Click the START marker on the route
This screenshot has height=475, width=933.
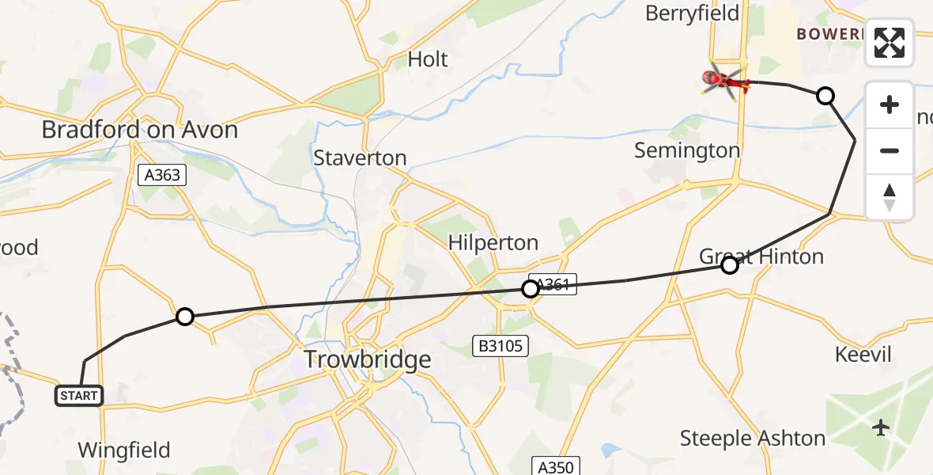(79, 395)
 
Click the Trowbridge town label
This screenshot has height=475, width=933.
(368, 360)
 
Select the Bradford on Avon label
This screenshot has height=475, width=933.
(140, 129)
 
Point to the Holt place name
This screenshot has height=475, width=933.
(428, 59)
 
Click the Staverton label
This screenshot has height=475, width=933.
(360, 158)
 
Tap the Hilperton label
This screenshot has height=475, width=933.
(493, 242)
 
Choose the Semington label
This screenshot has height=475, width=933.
(687, 150)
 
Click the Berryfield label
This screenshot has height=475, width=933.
(692, 13)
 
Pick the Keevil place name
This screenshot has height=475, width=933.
(863, 354)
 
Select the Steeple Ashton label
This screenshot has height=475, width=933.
(753, 438)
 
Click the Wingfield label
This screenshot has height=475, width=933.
(124, 450)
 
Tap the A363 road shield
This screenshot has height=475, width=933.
(162, 176)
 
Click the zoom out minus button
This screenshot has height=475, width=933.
(890, 150)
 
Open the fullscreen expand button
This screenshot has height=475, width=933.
(890, 43)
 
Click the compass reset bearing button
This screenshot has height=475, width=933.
(890, 197)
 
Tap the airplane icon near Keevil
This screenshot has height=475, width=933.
(882, 428)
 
